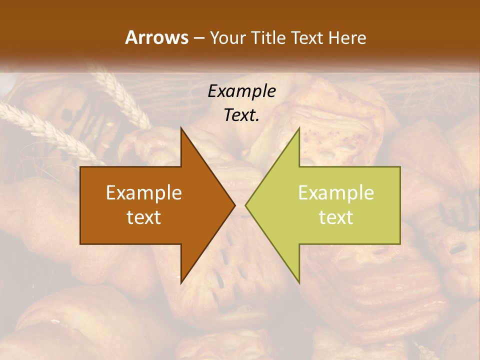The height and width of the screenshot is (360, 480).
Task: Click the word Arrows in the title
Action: point(156,37)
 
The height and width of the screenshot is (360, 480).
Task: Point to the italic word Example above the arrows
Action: point(242,91)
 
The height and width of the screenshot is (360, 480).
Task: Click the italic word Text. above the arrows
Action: point(242,115)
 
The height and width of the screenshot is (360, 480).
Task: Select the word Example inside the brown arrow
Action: point(144,192)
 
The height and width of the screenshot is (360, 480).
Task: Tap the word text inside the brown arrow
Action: point(144,217)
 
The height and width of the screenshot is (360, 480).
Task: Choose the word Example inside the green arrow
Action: point(336,192)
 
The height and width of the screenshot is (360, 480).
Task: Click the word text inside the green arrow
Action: point(336,217)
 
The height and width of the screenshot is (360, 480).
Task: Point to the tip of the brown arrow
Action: point(235,205)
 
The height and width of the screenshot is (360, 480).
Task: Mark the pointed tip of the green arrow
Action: point(245,205)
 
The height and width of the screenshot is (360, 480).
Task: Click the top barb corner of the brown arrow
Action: point(181,128)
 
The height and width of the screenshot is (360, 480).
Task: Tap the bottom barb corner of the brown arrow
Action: point(181,282)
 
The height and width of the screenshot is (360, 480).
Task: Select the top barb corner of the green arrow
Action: point(299,128)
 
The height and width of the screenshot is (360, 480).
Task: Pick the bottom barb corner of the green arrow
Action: point(299,282)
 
